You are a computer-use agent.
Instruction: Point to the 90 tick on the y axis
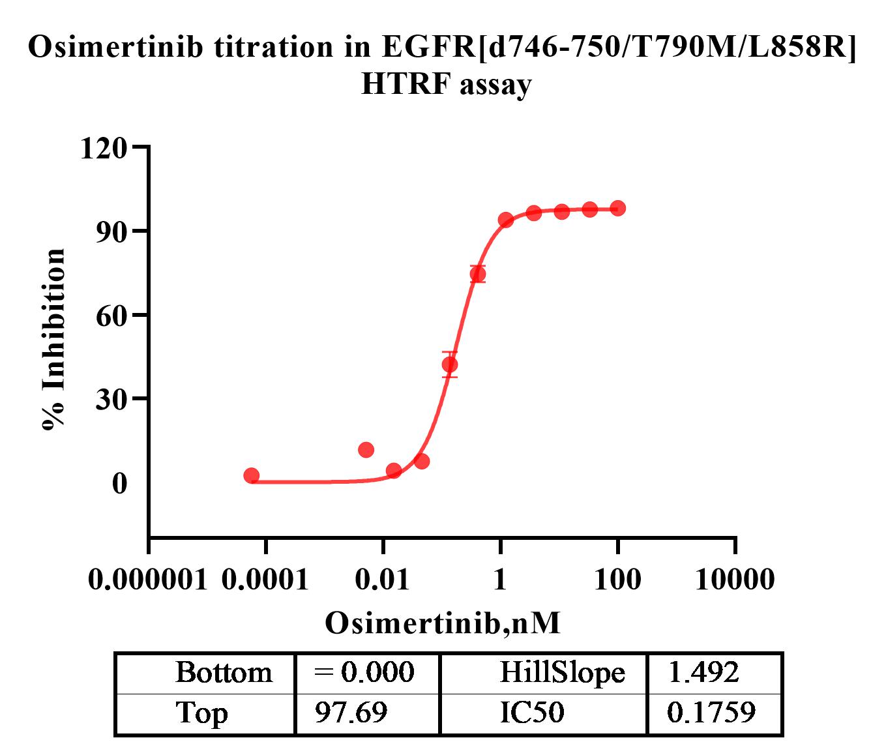(x=112, y=231)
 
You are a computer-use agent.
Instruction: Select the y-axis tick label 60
(x=112, y=316)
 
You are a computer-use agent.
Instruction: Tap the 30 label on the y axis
(x=112, y=399)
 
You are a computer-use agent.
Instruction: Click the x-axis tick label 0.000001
(x=147, y=579)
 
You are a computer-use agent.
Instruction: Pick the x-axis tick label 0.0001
(x=265, y=579)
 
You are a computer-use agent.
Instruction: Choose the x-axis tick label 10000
(x=735, y=579)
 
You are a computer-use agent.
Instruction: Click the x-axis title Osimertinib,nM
(x=443, y=623)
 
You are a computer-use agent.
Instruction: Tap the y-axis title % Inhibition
(x=53, y=339)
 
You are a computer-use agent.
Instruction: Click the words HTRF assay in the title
(x=446, y=84)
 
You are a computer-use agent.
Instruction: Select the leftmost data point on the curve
(x=252, y=476)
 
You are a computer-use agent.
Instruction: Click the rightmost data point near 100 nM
(x=618, y=209)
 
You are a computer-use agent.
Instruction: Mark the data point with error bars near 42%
(x=449, y=364)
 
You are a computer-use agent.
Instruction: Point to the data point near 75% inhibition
(x=478, y=274)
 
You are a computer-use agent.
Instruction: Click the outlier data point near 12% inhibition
(x=366, y=450)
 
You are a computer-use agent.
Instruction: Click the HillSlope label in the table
(x=562, y=672)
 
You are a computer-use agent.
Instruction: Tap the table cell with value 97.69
(x=351, y=713)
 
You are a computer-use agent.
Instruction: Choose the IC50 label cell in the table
(x=531, y=713)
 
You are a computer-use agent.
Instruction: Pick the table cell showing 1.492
(x=703, y=672)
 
